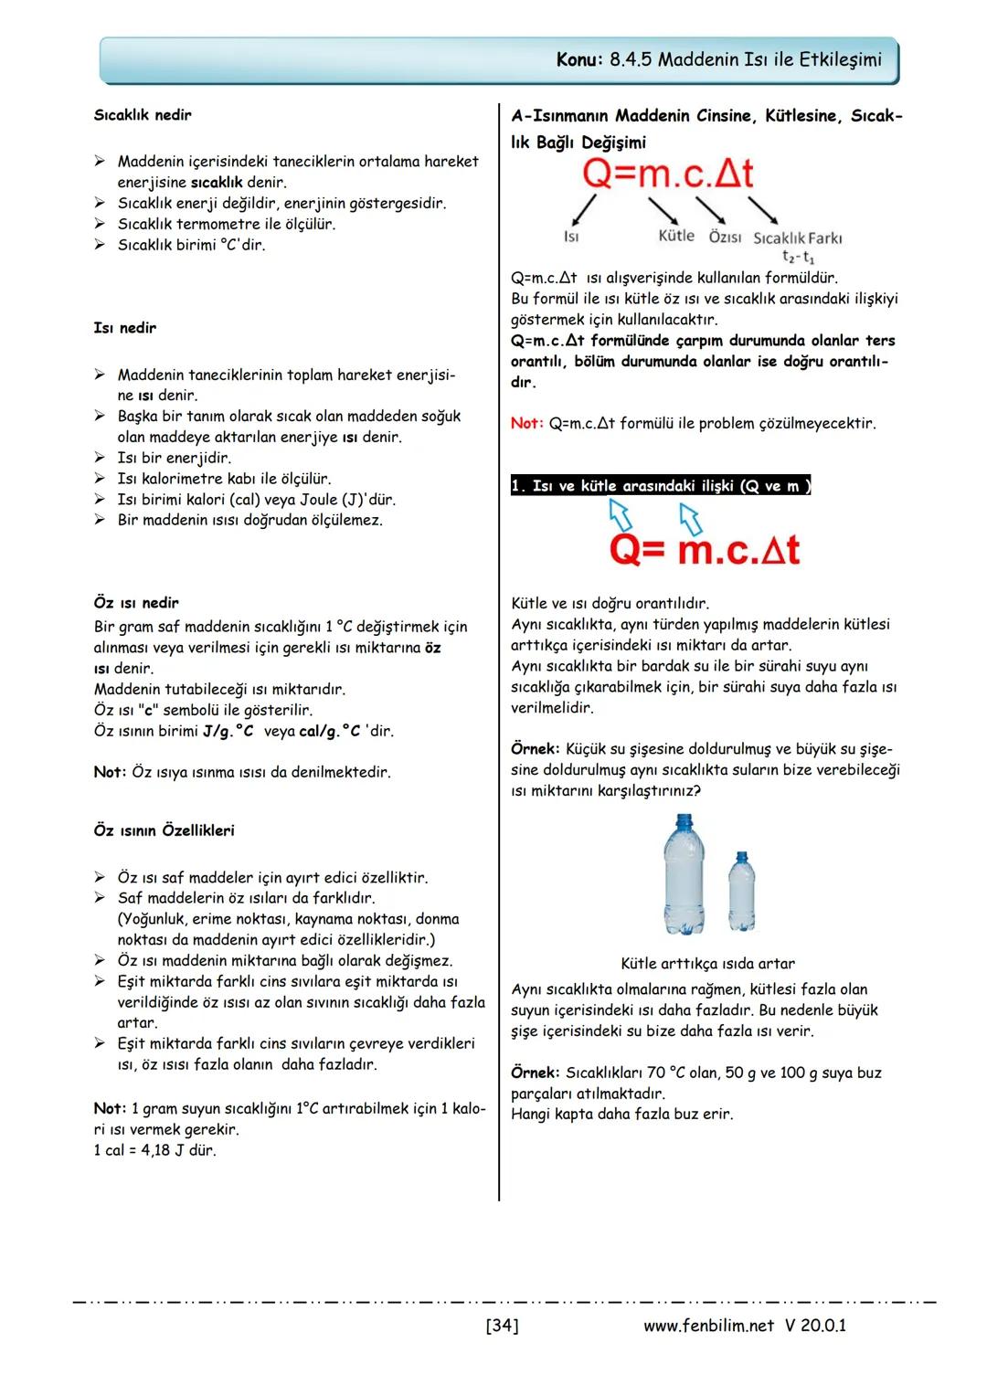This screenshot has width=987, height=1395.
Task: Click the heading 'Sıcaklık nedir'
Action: coord(143,115)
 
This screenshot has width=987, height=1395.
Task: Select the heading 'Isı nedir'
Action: coord(125,327)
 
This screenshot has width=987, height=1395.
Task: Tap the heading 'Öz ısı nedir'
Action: coord(136,603)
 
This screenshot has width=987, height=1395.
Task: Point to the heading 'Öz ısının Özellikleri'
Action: coord(164,830)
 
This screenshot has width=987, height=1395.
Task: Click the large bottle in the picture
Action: coord(685,877)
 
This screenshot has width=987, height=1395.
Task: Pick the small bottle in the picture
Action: coord(741,892)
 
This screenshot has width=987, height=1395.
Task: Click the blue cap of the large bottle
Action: coord(684,820)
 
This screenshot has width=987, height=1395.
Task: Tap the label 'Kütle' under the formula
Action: coord(676,236)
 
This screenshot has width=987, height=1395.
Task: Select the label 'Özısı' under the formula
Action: coord(725,237)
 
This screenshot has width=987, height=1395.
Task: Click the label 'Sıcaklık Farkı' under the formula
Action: coord(797,238)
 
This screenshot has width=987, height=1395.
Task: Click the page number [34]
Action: coord(503,1325)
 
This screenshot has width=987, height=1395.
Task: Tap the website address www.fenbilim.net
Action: coord(708,1325)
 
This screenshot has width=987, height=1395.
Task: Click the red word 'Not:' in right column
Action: coord(527,424)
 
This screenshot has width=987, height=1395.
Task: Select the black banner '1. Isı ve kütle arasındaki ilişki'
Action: coord(661,486)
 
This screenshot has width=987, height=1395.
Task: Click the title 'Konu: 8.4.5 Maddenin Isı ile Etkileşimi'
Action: coord(719,60)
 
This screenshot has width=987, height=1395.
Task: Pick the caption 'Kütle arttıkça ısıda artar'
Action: coord(707,964)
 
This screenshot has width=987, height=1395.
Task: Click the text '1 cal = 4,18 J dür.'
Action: coord(155,1150)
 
